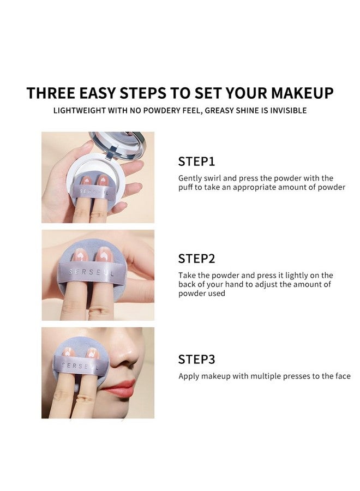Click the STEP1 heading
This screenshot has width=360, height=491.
(x=196, y=161)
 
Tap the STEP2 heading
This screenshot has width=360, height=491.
(x=196, y=259)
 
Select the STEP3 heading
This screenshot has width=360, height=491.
(x=196, y=360)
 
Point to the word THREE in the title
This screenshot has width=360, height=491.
(x=52, y=93)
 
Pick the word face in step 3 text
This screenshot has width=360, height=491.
(x=342, y=376)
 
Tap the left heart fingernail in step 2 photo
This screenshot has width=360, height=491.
(x=80, y=254)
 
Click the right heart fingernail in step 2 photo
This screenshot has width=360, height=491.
(x=103, y=254)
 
